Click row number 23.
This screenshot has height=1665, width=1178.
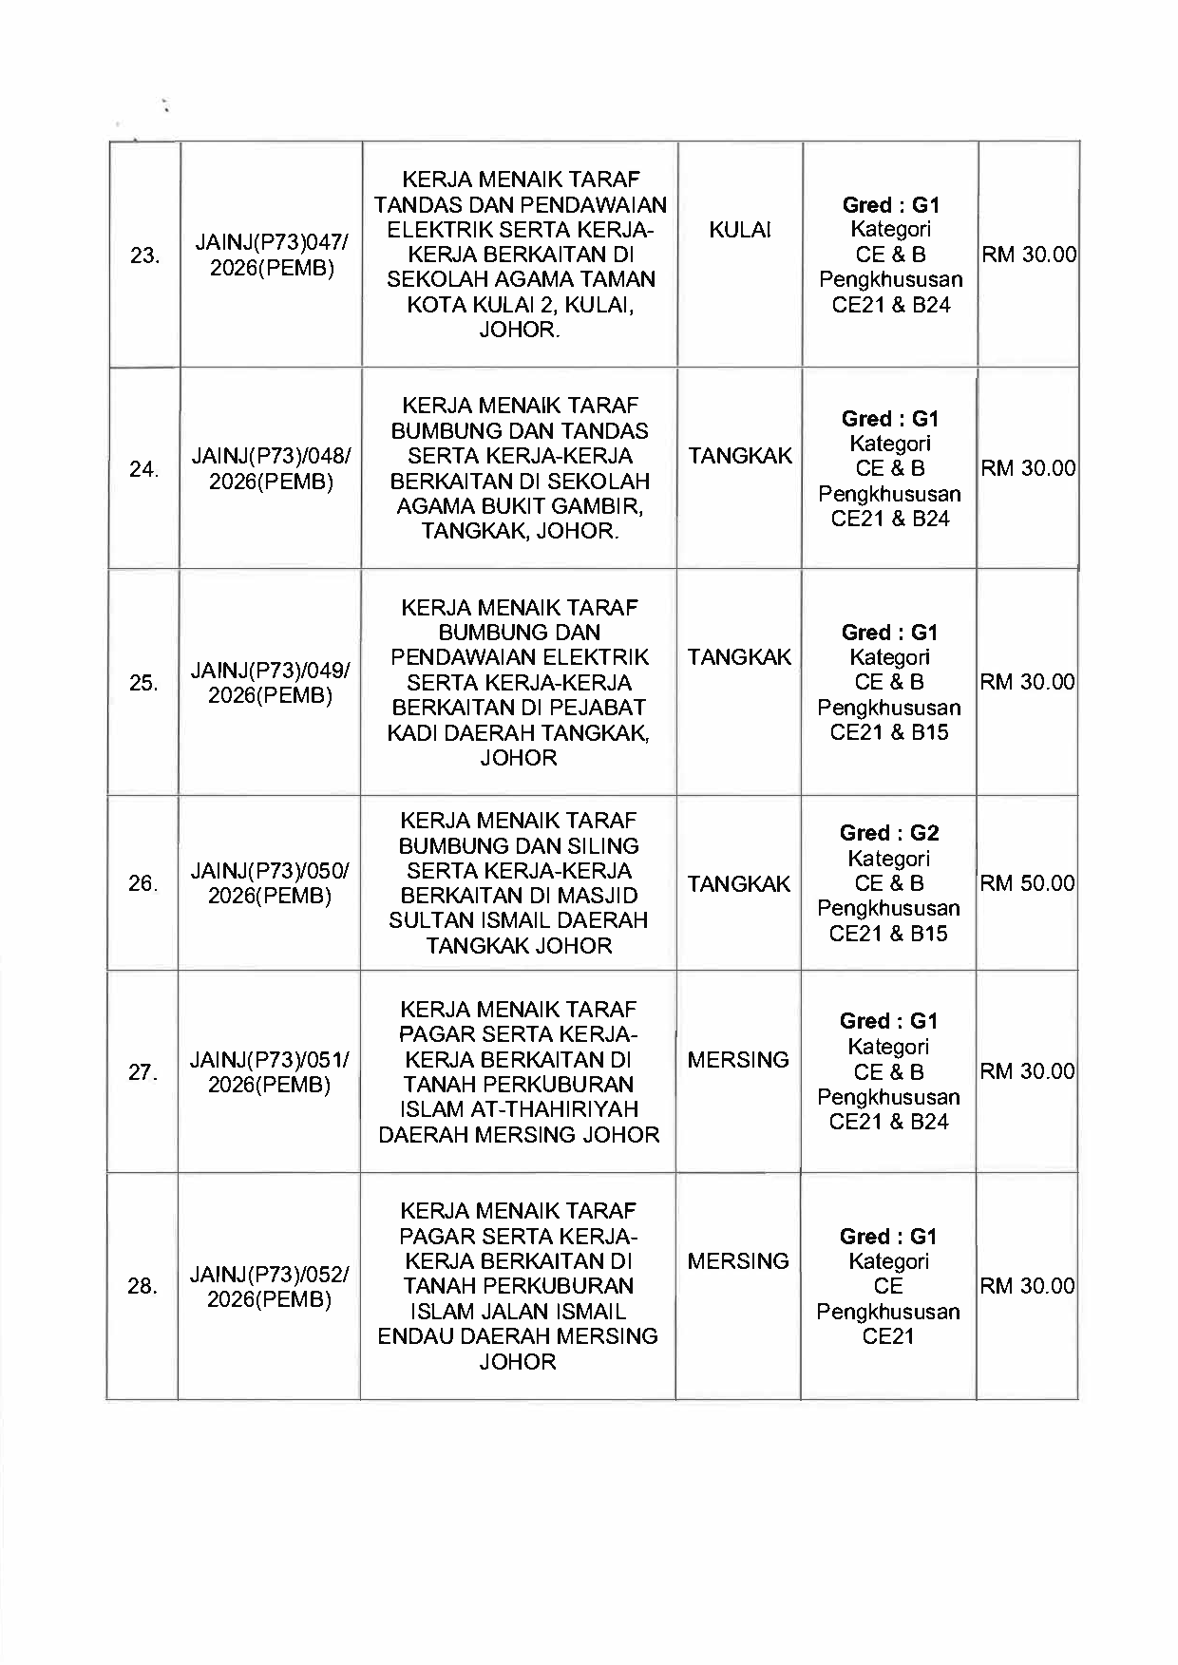coord(144,255)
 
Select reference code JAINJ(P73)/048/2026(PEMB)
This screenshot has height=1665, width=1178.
coord(271,469)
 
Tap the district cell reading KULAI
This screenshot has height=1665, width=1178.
coord(740,230)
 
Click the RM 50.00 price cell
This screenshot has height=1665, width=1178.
coord(1027,883)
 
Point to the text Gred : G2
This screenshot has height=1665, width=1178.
coord(889,833)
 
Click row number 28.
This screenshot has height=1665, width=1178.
coord(142,1286)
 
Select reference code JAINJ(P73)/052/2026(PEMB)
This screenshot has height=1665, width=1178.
coord(270,1287)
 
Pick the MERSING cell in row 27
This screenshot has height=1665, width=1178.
coord(738,1060)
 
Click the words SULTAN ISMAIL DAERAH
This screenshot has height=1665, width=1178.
coord(519,920)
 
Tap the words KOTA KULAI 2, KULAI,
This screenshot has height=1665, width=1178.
coord(520,305)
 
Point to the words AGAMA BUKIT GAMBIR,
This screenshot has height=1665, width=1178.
coord(520,506)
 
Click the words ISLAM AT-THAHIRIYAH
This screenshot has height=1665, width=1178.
coord(519,1109)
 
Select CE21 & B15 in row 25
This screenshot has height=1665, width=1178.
coord(889,732)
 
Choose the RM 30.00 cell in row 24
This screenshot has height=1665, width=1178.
coord(1028,468)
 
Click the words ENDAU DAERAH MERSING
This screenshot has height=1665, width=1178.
coord(518,1336)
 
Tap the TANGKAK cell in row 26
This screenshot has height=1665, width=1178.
coord(739,884)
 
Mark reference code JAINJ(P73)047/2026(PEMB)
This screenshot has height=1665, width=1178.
coord(272,255)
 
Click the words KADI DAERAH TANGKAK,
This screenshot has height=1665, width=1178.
coord(519,733)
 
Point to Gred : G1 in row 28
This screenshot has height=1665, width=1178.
coord(888,1236)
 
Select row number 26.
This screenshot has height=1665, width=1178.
coord(142,884)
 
